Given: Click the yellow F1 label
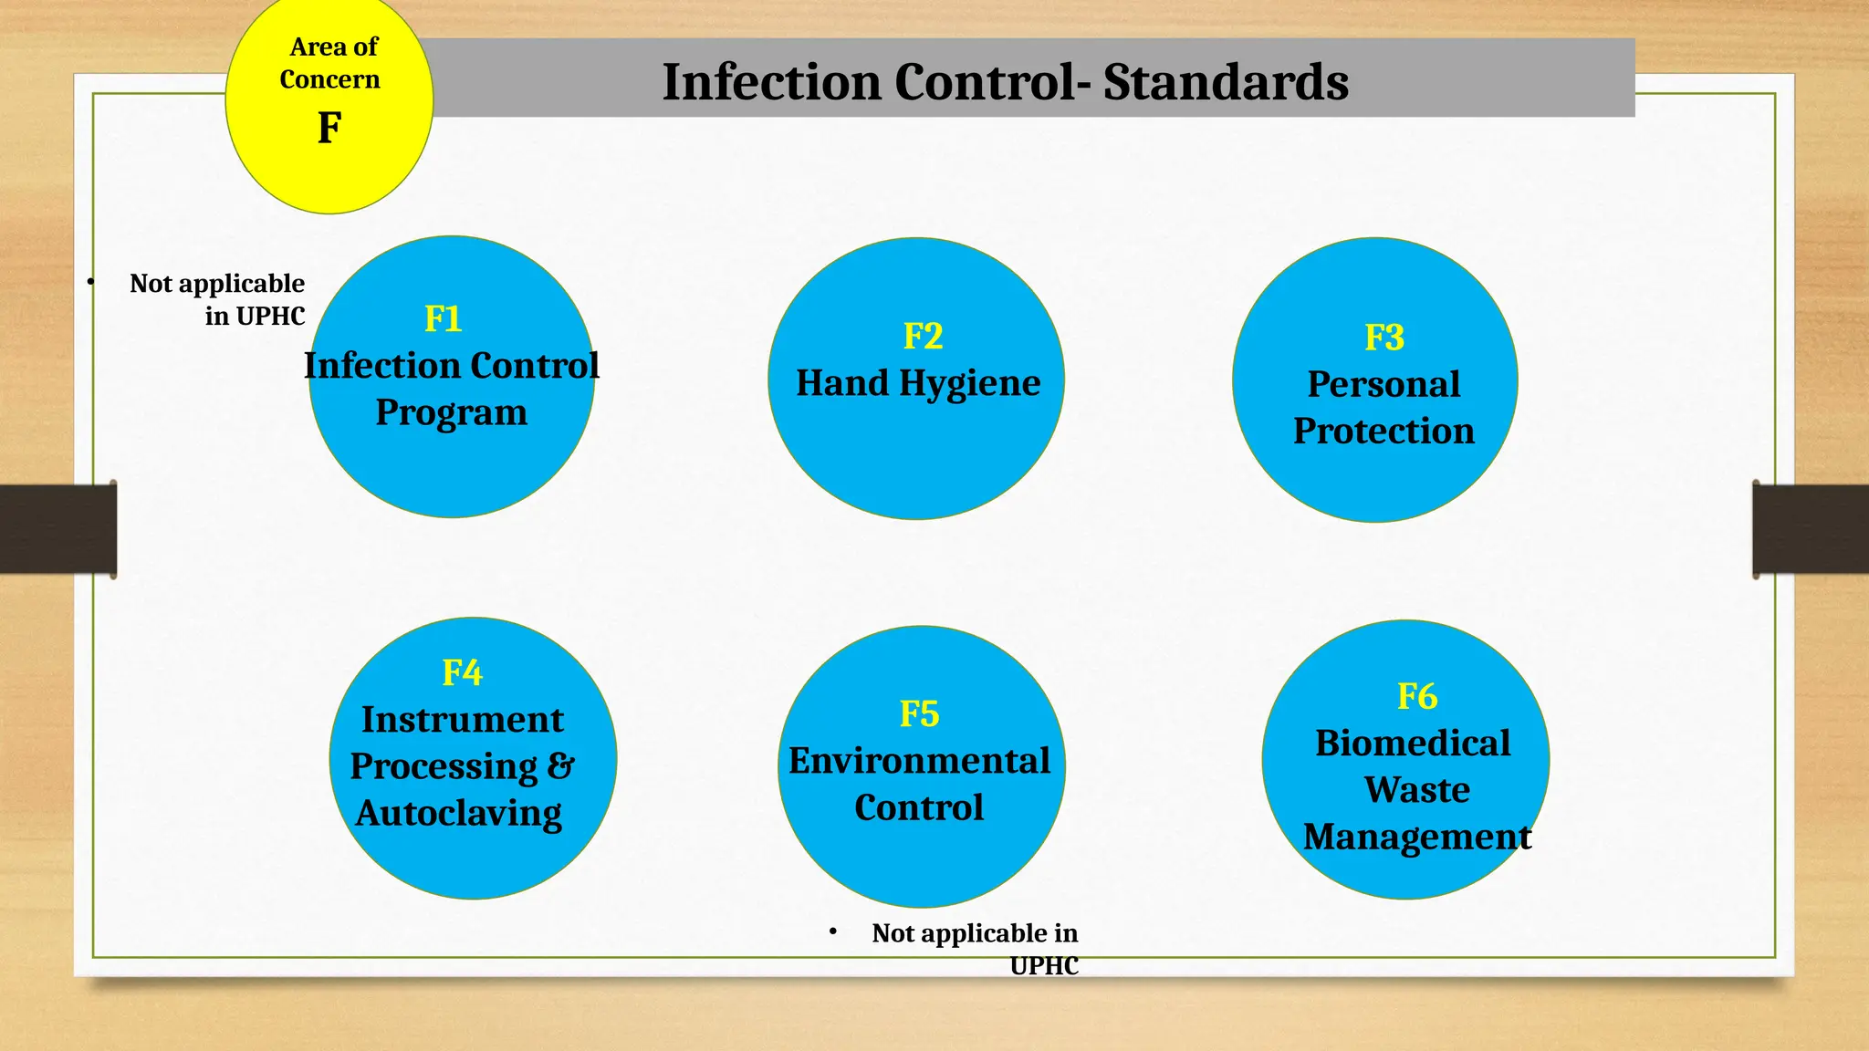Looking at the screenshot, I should point(444,319).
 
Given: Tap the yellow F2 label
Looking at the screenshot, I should point(923,337).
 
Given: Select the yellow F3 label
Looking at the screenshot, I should point(1383,338).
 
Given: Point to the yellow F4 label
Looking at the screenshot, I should point(462,673).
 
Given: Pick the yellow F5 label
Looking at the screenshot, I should point(919,714).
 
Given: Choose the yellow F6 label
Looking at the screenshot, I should point(1416,697).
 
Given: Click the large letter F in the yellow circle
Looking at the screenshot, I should point(329,128).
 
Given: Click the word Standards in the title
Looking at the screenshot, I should point(1226,82).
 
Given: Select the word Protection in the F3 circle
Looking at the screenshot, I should point(1383,431).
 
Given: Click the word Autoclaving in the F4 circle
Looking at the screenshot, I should point(459,813).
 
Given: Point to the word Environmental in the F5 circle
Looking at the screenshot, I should point(919,761).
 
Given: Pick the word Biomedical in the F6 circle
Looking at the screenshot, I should point(1413,744).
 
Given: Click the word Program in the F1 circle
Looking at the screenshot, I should point(451,412).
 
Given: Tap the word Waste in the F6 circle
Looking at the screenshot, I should point(1416,790).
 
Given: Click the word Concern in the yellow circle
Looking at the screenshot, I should point(329,80).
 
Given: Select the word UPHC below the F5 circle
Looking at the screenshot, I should point(1044,966).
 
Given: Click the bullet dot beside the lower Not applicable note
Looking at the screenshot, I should point(832,931).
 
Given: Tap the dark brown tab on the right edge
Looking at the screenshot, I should point(1811,529).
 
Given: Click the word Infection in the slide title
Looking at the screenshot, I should point(772,82).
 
